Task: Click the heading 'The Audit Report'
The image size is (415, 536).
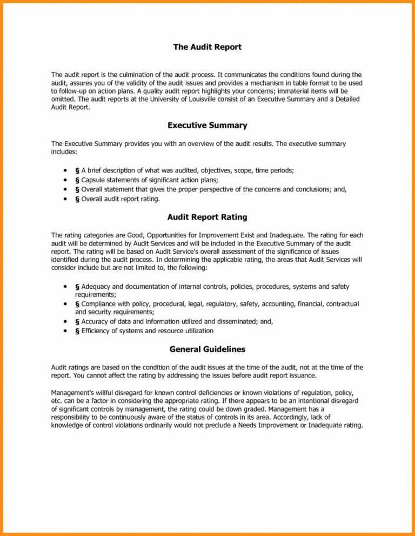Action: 207,47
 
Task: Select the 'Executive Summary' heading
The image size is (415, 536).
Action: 207,125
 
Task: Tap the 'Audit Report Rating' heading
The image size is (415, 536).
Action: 207,217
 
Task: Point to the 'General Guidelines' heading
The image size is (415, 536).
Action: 207,349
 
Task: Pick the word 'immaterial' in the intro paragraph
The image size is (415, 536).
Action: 293,91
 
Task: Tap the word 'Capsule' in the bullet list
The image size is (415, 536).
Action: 93,180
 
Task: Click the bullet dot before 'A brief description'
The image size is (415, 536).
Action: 65,170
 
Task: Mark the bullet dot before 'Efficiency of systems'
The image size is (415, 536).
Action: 65,330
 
